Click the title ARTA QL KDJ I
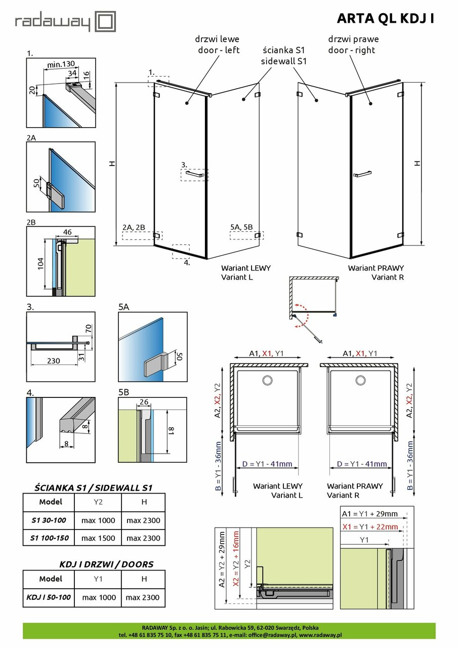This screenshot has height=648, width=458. [385, 19]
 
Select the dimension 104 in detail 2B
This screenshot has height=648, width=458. [40, 264]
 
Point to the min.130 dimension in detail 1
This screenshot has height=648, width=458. [61, 64]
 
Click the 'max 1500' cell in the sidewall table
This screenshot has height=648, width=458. [98, 538]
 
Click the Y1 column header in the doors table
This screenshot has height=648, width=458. [98, 579]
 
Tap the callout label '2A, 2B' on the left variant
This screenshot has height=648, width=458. [134, 227]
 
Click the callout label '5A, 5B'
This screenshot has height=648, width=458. [241, 227]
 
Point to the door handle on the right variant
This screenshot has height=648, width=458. [363, 175]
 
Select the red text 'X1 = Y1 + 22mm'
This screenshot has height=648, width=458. [370, 527]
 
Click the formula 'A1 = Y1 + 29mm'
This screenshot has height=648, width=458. [370, 514]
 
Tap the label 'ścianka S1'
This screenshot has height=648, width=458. [283, 51]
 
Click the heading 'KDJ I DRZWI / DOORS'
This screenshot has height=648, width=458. [106, 564]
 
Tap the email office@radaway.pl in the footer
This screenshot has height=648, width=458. [273, 634]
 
